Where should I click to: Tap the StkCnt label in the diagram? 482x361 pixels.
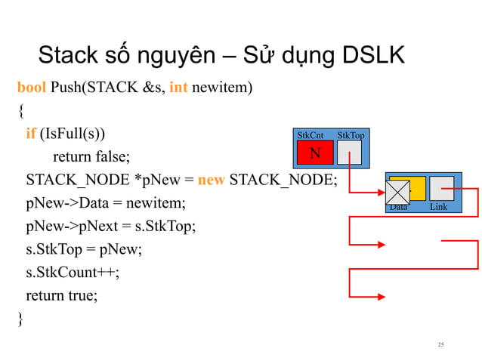point(311,136)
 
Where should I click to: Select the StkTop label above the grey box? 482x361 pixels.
point(351,136)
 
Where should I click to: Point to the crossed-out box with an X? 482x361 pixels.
point(397,193)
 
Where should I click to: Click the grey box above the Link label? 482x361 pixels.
point(441,188)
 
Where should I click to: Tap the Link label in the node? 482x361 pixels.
point(438,207)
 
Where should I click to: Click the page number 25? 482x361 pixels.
point(441,344)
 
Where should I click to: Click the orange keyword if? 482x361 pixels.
point(30,134)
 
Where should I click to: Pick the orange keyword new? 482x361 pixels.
point(211,180)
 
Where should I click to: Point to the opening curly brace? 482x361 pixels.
point(20,111)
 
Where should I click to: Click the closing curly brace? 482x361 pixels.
point(20,319)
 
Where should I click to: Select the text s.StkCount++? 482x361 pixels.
point(73,273)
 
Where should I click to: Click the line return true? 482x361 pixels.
point(62,296)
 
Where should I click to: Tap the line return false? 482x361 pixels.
point(91,156)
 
